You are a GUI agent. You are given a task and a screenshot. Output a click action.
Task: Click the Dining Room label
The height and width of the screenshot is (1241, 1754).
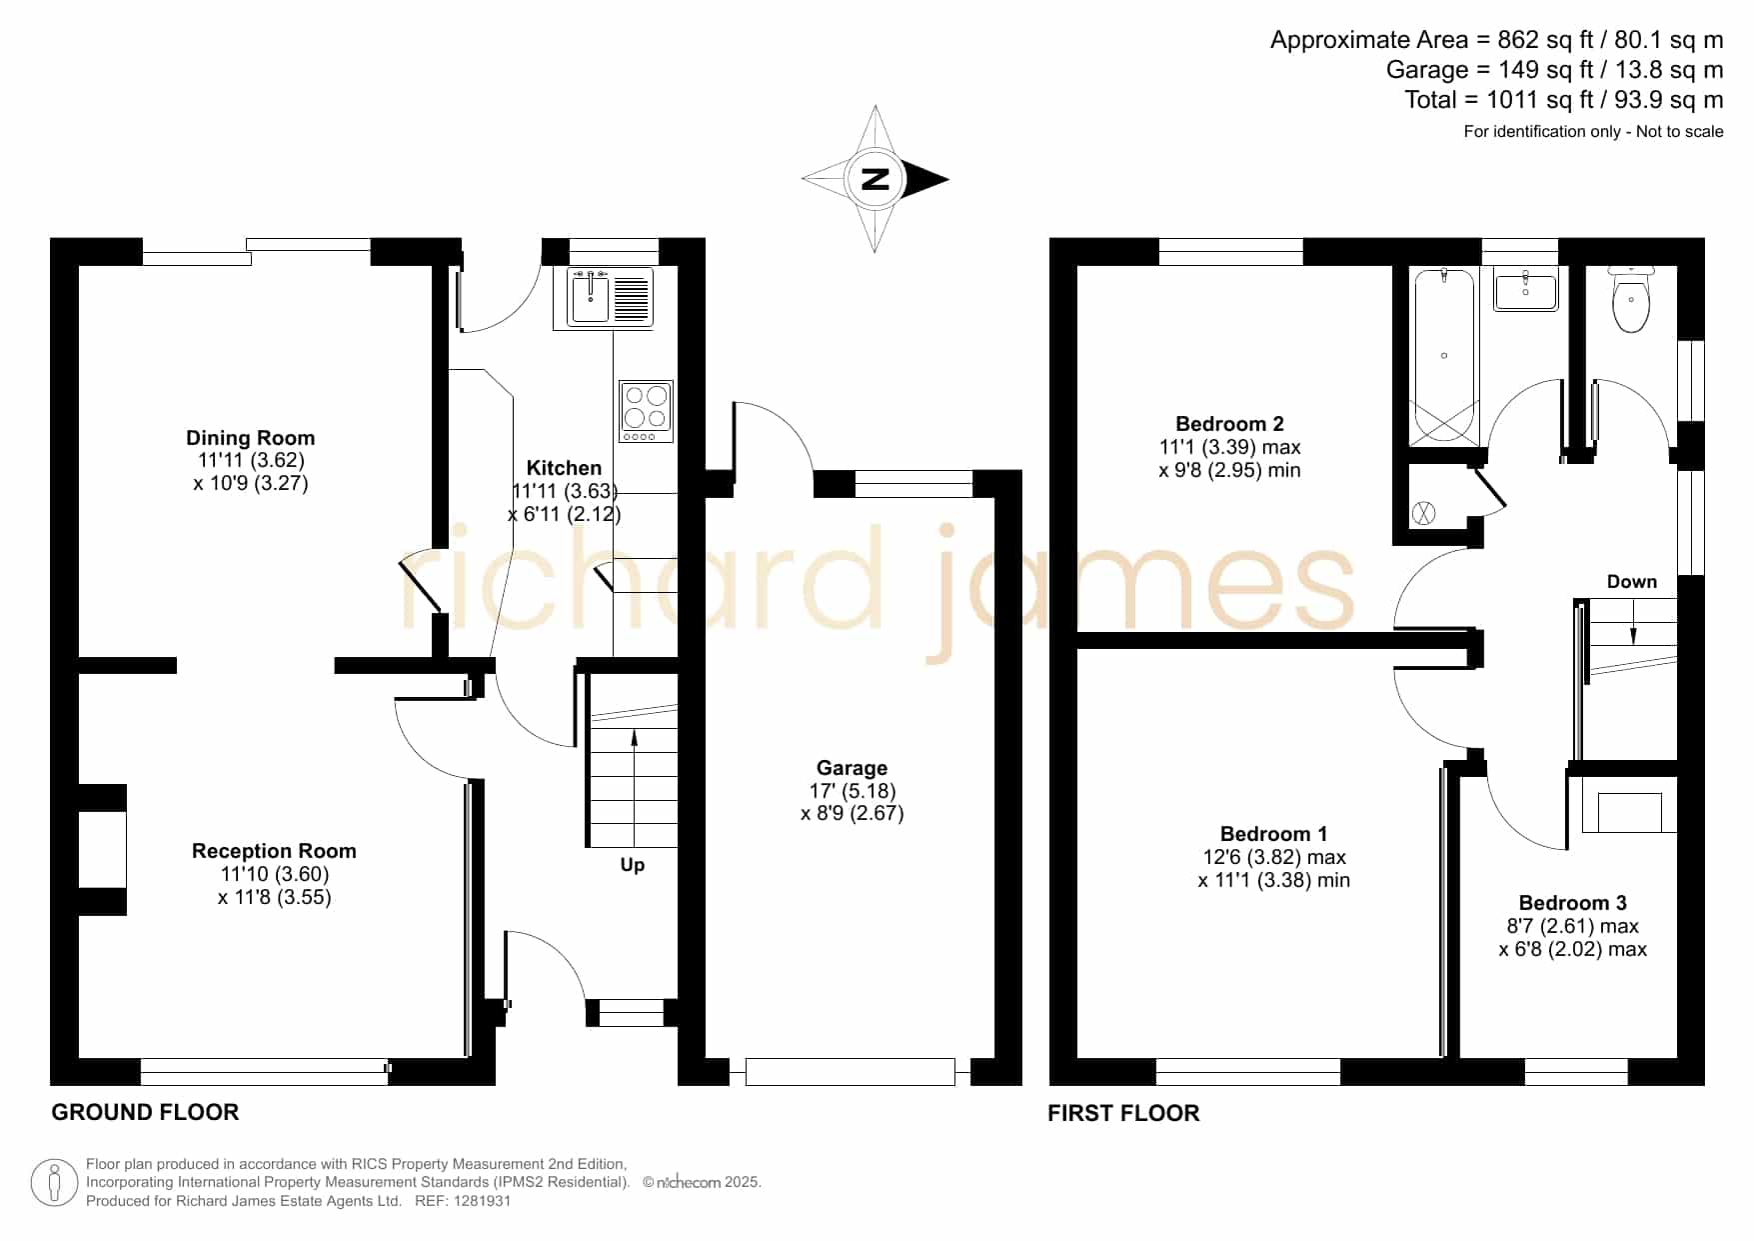(250, 438)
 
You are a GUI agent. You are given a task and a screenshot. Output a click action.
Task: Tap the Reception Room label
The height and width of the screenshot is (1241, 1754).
(274, 851)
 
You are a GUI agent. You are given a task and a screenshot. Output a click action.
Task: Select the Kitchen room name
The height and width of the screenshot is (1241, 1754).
(564, 468)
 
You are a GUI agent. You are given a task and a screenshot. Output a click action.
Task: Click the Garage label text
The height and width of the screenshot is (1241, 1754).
(852, 768)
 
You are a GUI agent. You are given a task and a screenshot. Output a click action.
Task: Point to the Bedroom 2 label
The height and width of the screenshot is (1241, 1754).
(1229, 424)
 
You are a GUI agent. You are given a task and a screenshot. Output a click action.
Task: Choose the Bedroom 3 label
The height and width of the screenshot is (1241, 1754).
(1572, 903)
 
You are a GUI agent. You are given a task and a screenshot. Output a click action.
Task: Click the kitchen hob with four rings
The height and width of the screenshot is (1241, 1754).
(646, 411)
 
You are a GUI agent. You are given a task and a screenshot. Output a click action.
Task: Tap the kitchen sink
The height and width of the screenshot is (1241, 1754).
(610, 296)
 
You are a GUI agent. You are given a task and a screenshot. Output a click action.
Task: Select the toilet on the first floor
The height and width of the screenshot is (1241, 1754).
(1631, 298)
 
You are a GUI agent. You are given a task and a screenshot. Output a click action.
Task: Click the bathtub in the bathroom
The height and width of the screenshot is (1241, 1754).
(1444, 357)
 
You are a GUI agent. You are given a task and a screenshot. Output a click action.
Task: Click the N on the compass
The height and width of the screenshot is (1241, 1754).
(876, 180)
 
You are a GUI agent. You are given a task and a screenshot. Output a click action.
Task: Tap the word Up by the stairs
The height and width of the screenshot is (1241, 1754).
(633, 865)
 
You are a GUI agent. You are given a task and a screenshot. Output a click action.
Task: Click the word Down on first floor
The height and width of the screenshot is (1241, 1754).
(1632, 582)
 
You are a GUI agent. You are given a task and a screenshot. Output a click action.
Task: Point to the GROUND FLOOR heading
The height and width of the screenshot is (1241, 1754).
(145, 1112)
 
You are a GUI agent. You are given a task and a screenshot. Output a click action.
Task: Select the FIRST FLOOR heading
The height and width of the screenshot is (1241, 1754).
(1123, 1113)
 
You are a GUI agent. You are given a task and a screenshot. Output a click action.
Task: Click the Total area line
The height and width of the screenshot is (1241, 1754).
(1564, 100)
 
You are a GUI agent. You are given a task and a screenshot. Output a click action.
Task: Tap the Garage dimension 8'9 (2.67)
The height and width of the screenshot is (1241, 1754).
(853, 813)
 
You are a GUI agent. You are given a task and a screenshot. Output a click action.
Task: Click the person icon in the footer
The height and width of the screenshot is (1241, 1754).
(54, 1183)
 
